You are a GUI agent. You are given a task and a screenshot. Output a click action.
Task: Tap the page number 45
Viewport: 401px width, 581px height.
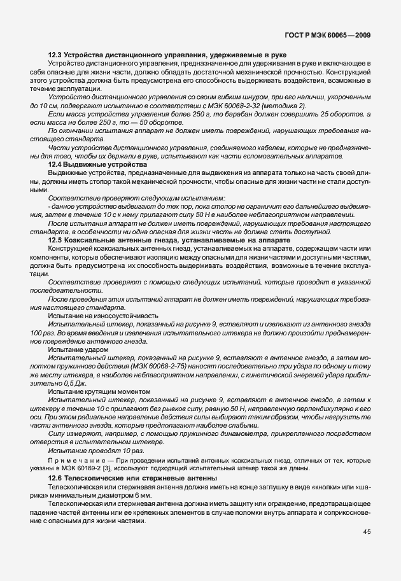tap(367, 531)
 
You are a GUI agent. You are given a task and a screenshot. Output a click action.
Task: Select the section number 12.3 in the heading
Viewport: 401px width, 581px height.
tap(56, 56)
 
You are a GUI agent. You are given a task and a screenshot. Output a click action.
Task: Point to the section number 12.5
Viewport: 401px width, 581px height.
tap(56, 241)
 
